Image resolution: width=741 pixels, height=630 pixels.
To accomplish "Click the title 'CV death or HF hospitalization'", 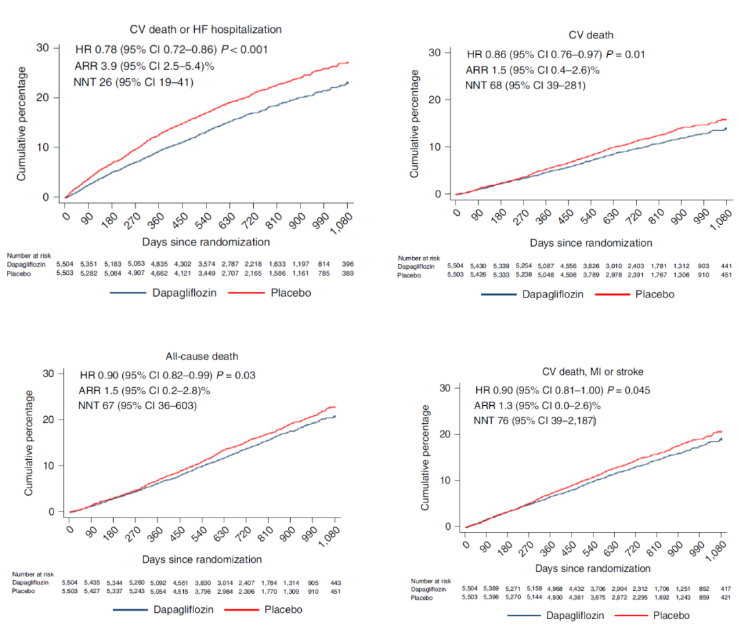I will point(206,29).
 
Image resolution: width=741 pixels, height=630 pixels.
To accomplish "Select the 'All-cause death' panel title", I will point(205,357).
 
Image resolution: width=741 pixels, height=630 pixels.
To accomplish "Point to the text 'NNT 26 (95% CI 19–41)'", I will point(133,82).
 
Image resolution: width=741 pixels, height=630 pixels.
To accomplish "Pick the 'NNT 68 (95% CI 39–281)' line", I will point(525,86).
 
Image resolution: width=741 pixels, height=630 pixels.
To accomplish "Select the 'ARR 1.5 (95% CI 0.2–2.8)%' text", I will point(145,390).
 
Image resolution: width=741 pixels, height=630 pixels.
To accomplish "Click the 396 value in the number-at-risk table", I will point(347,263).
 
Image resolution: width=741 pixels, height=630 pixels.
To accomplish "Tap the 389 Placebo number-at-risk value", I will point(347,272).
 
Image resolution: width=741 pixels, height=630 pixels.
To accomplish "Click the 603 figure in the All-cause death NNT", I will point(186,405).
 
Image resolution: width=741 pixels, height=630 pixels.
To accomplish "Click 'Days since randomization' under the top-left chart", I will point(206,241).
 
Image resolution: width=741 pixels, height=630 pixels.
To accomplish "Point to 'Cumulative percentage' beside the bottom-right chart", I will point(425,457).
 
